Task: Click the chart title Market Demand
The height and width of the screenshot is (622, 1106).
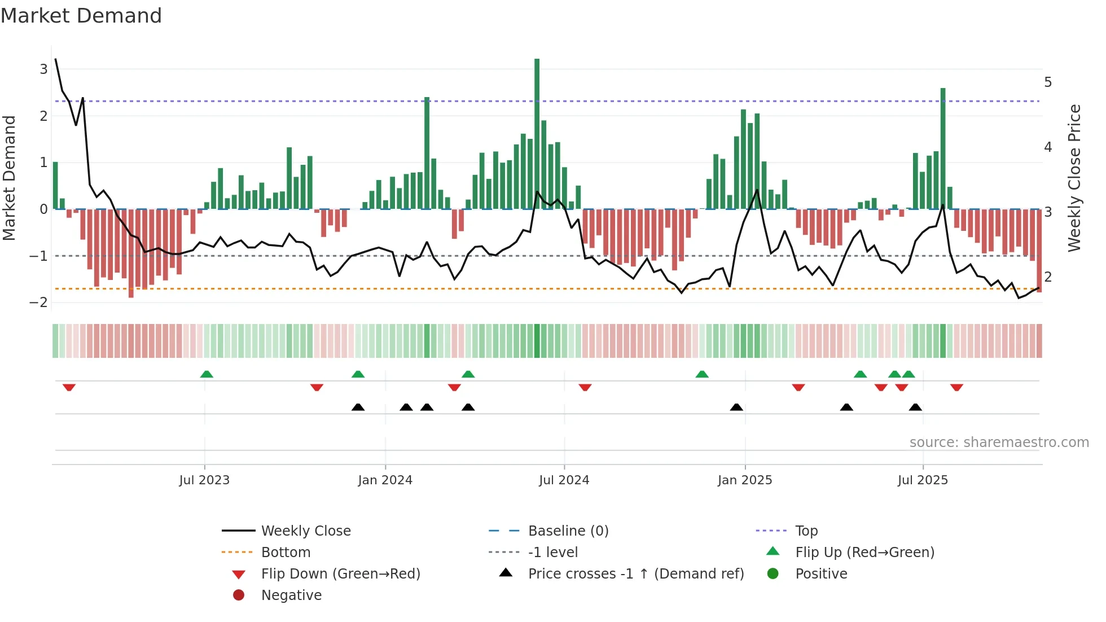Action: coord(81,16)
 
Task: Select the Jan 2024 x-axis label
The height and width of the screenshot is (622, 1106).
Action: coord(385,480)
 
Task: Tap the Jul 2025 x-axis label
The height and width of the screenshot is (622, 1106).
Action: coord(923,480)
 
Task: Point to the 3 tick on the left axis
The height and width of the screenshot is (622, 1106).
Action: coord(43,69)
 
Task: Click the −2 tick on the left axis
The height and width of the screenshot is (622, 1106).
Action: coord(39,303)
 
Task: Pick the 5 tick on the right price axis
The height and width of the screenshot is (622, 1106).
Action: coord(1048,82)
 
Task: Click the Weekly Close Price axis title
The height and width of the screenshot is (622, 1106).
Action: coord(1074,178)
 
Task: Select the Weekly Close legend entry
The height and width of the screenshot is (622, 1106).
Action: coord(305,531)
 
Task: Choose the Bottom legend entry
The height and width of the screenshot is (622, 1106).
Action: coord(286,553)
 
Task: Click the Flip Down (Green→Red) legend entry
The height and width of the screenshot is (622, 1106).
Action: coord(340,574)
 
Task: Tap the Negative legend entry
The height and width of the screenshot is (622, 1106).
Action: coord(291,595)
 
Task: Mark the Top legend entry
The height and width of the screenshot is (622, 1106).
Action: coord(806,531)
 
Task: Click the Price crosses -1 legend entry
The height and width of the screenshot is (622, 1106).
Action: coord(635,574)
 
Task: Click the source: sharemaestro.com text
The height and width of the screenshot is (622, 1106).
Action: coord(999,443)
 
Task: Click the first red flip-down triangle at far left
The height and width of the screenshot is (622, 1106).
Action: coord(69,387)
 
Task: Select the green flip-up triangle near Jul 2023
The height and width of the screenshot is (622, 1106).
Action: coord(207,374)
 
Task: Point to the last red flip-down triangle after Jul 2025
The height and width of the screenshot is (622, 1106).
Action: coord(956,387)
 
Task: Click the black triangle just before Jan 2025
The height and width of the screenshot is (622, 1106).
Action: coord(736,407)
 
